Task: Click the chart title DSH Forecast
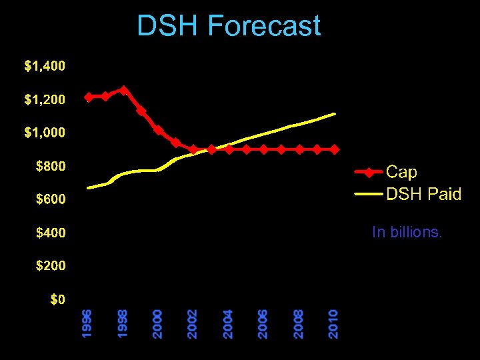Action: (229, 27)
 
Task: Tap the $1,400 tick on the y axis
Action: (45, 66)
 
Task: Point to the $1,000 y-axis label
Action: (45, 133)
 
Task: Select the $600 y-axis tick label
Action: (51, 199)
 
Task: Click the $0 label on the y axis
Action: (58, 299)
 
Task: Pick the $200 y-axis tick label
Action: (51, 265)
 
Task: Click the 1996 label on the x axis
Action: (87, 323)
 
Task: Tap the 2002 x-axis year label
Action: (192, 323)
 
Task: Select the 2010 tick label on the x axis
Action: (333, 323)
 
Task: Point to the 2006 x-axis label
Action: (263, 323)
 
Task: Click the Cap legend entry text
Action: (402, 172)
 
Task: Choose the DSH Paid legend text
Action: (424, 194)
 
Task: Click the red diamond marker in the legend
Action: (369, 172)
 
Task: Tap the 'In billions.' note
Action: (407, 232)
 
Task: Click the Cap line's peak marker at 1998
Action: (123, 90)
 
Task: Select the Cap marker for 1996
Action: (89, 97)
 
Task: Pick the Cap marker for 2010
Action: (333, 149)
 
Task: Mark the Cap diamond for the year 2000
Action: (158, 130)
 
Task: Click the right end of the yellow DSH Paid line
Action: (334, 114)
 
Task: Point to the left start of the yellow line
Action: (88, 188)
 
